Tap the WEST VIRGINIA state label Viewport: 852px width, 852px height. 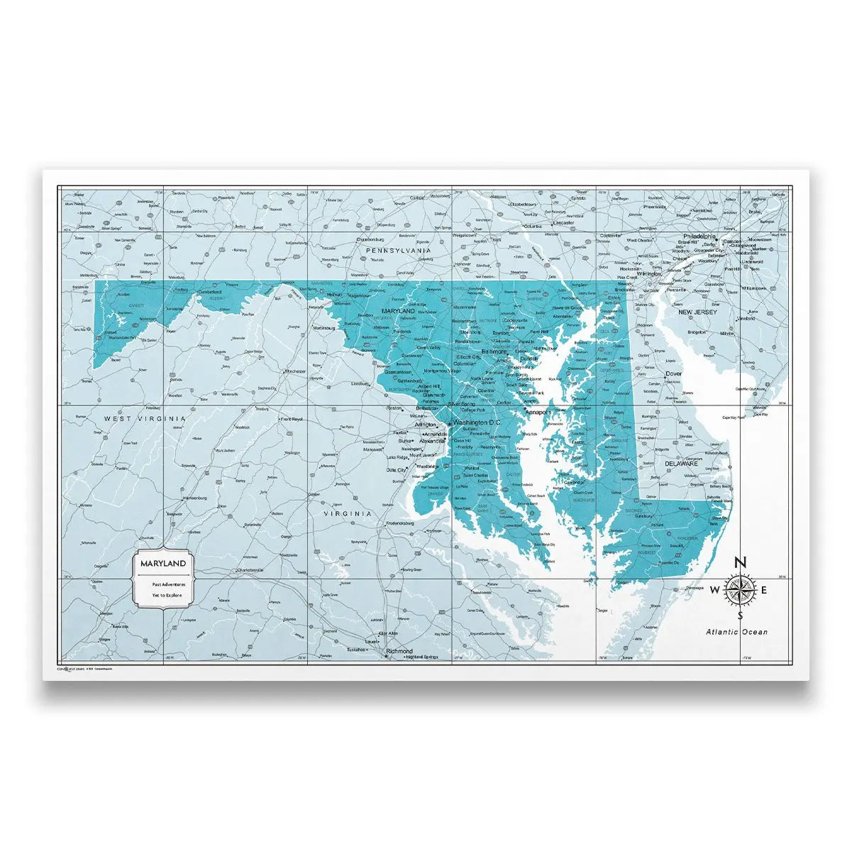click(x=145, y=419)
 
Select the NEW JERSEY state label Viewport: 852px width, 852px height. click(x=697, y=312)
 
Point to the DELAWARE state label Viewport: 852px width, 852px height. click(x=681, y=464)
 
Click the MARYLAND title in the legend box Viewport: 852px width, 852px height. click(x=163, y=563)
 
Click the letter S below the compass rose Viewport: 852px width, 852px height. click(x=740, y=616)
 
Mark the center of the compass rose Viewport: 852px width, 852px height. click(x=740, y=589)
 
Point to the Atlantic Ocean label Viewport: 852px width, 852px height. click(x=736, y=632)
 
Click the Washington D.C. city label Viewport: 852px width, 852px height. click(x=477, y=422)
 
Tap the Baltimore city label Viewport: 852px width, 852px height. click(x=494, y=351)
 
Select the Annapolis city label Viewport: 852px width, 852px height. click(x=538, y=411)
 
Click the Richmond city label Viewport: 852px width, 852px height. click(x=399, y=651)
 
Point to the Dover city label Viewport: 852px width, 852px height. click(x=673, y=373)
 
